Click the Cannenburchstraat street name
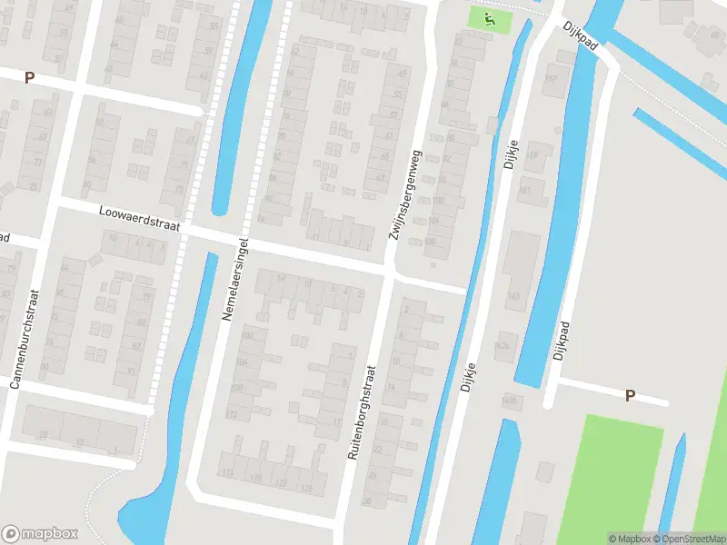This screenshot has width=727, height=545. click(x=25, y=339)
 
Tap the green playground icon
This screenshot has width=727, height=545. click(x=489, y=16)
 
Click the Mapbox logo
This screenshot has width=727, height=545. click(x=40, y=534)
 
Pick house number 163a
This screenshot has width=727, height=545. click(x=502, y=345)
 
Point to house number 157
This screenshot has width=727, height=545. click(x=550, y=78)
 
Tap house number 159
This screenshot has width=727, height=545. click(x=533, y=155)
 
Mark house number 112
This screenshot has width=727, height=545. click(x=232, y=415)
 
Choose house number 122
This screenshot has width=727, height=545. click(x=280, y=482)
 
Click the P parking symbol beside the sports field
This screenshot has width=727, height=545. click(x=629, y=395)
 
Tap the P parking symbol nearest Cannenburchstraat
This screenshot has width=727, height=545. click(x=29, y=78)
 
